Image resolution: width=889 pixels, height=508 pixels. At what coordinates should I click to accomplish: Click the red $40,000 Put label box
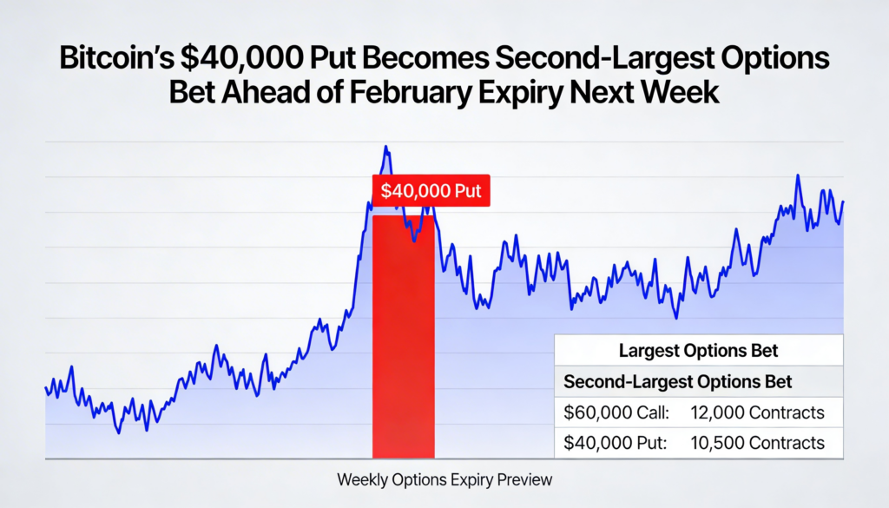(x=431, y=190)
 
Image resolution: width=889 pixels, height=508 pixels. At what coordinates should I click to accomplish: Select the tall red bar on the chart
(x=403, y=339)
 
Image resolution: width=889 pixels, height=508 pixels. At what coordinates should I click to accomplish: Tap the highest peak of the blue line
(x=385, y=148)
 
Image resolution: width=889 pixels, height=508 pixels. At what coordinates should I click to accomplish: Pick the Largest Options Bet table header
(x=698, y=352)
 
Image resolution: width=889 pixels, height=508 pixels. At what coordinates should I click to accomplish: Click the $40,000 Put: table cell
(x=615, y=443)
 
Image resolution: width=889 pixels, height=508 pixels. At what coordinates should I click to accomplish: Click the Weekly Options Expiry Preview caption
(x=444, y=479)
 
